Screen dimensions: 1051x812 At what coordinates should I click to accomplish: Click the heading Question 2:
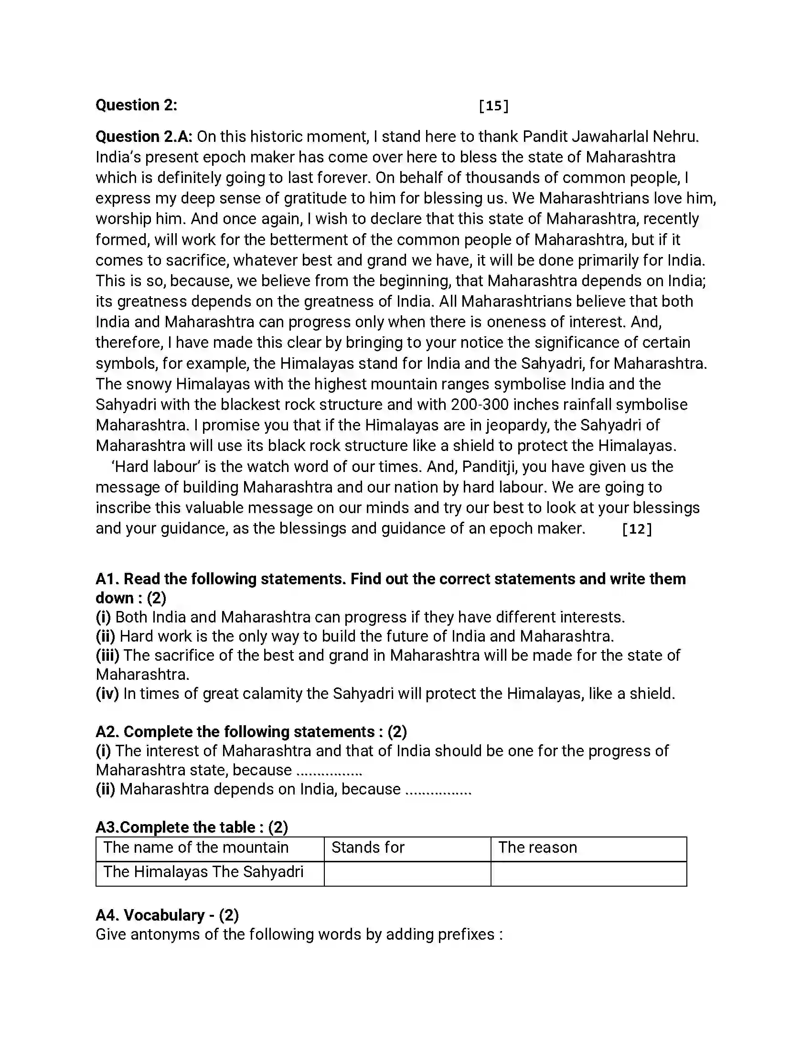136,105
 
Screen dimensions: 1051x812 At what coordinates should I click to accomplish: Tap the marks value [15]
493,106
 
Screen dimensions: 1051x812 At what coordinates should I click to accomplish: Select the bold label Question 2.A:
144,137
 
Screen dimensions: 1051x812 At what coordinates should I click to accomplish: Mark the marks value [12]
637,529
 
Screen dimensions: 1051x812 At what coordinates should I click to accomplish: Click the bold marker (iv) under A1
107,694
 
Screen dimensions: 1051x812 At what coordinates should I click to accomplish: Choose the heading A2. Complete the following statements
251,731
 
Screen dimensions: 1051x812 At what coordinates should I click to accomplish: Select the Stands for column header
368,847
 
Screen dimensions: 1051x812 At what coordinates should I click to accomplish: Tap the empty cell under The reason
588,873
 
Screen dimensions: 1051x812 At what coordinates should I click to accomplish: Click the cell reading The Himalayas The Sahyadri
203,871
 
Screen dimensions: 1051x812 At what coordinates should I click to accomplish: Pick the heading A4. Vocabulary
167,915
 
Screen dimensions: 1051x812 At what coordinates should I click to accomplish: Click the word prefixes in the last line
465,934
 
